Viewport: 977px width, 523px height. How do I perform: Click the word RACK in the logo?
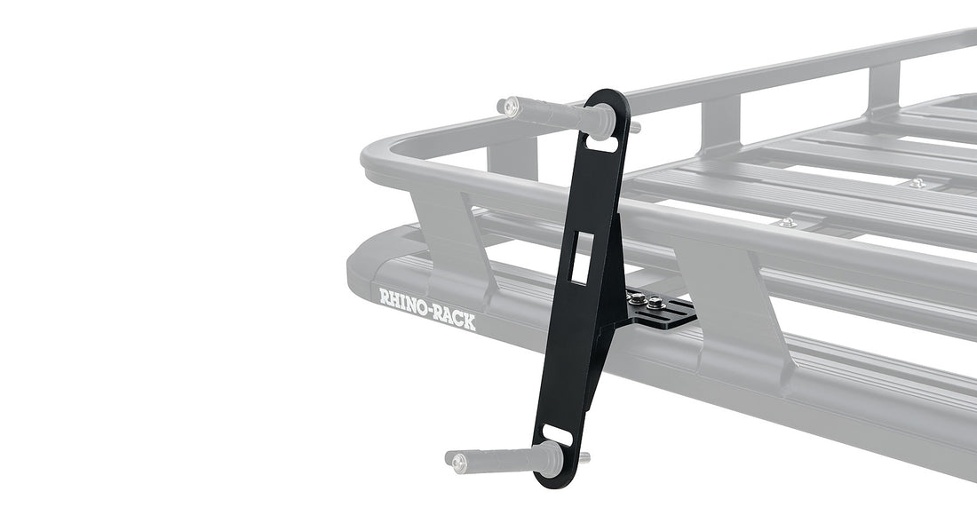pos(452,318)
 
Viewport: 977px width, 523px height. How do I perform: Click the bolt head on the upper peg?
pos(511,107)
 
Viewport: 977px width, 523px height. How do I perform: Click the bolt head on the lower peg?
pos(457,461)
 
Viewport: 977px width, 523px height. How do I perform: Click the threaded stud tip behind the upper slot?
pos(635,128)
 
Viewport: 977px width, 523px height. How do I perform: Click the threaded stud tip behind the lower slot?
pos(585,458)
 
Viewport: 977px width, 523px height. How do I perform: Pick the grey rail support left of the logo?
pos(448,240)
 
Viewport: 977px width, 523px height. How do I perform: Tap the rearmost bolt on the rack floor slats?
pos(917,183)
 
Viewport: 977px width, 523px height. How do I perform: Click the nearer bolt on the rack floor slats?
pos(786,222)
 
